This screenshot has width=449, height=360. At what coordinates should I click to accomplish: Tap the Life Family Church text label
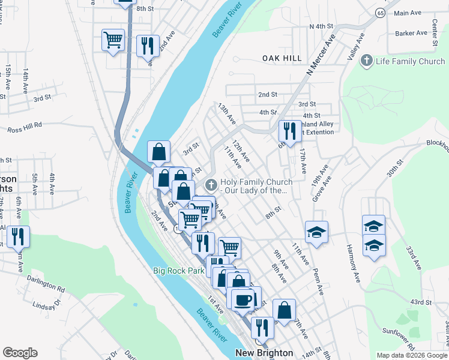(x=410, y=61)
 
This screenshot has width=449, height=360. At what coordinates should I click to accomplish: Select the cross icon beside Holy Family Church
(x=211, y=184)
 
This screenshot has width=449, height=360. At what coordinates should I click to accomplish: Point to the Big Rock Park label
(x=178, y=271)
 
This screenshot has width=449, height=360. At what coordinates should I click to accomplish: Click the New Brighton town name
(x=264, y=353)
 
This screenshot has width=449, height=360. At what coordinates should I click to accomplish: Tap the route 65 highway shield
(x=381, y=13)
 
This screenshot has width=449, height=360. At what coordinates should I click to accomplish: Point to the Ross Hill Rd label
(x=25, y=127)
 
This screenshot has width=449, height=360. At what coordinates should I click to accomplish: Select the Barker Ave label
(x=408, y=34)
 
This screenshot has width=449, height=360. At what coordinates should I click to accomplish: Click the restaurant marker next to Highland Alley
(x=290, y=130)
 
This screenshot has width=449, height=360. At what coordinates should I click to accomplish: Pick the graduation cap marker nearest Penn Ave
(x=316, y=232)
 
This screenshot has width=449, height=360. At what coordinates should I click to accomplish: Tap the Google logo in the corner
(x=20, y=353)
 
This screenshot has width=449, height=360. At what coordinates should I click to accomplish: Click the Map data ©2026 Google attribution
(x=412, y=355)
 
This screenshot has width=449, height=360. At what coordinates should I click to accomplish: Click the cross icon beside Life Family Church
(x=367, y=61)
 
